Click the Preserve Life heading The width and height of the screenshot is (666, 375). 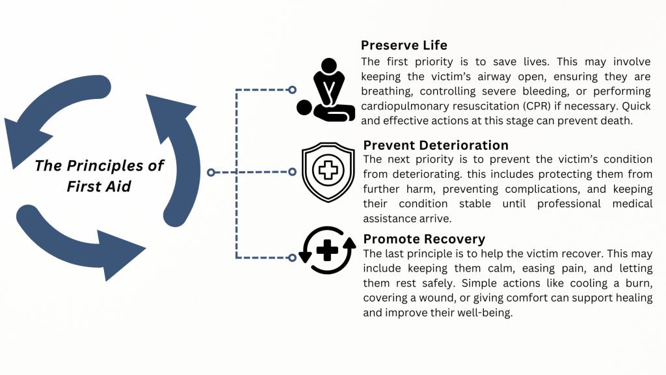click(404, 46)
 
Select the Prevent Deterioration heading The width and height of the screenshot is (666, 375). click(436, 145)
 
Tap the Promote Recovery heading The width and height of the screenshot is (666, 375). click(424, 239)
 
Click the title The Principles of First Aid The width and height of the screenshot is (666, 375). click(99, 176)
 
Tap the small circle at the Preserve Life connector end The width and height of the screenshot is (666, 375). click(292, 90)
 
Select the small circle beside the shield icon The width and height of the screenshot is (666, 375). click(292, 172)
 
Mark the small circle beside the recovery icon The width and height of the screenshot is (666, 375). click(292, 258)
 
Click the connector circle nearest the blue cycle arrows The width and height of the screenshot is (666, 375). click(211, 173)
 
